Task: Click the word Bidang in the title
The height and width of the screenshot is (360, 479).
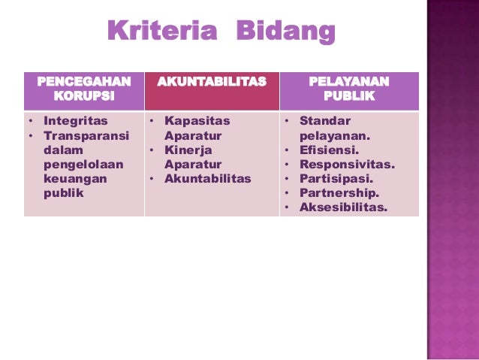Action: click(285, 32)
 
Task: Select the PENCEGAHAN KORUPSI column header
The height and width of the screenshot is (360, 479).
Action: click(83, 89)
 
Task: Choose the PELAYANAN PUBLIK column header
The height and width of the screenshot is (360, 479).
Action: click(348, 89)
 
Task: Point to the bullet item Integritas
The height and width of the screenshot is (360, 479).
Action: click(75, 120)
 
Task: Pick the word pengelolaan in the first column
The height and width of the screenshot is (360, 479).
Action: click(83, 165)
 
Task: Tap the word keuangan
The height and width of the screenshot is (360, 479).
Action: click(75, 179)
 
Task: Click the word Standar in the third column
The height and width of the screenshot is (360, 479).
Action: click(325, 120)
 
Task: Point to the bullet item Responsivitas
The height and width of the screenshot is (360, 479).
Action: click(347, 164)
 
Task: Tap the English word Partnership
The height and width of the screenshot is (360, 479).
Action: click(339, 193)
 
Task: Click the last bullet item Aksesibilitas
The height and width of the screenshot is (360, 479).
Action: click(343, 207)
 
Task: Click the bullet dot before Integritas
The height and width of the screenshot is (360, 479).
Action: click(30, 121)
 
